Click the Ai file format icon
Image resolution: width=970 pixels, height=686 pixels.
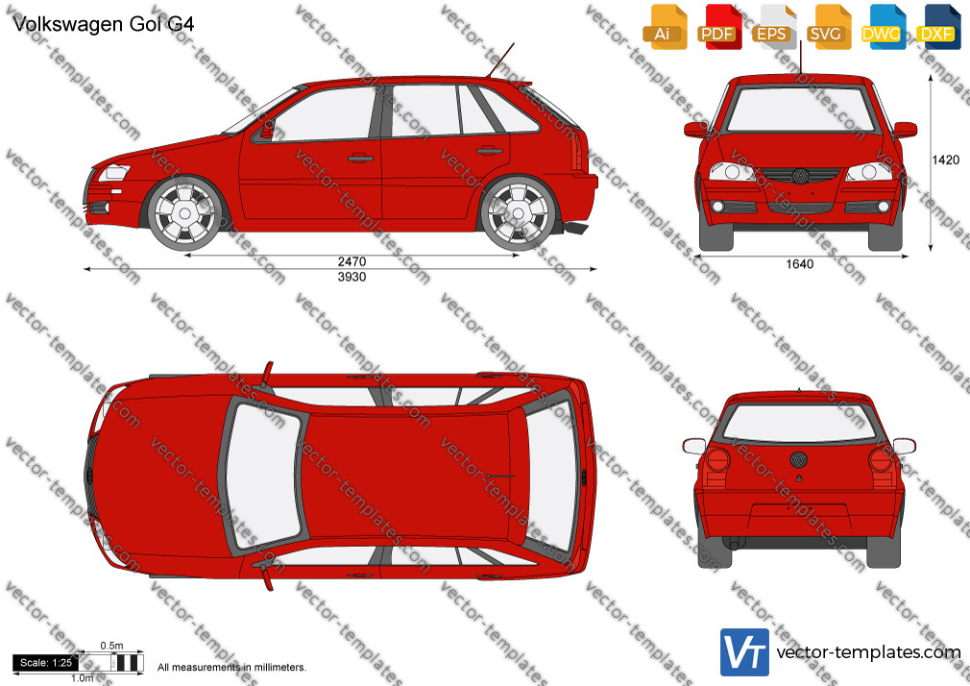[x=665, y=27]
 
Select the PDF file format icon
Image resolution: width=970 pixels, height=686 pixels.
[x=718, y=27]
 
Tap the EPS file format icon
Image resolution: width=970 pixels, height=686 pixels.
[x=773, y=27]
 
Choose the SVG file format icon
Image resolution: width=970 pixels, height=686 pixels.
[x=828, y=27]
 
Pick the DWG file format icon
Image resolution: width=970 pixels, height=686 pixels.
[x=883, y=27]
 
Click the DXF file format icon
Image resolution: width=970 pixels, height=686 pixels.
[x=938, y=27]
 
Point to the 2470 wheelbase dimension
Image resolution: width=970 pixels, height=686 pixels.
[x=352, y=261]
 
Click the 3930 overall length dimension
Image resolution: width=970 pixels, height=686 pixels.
[x=352, y=277]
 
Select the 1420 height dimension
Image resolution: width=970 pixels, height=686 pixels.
[x=945, y=160]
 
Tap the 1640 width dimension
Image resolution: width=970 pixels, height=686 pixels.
[x=799, y=264]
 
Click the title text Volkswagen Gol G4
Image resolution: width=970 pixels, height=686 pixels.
[x=104, y=24]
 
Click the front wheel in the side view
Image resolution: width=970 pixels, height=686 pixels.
[x=184, y=213]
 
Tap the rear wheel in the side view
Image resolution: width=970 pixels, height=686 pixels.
[x=518, y=213]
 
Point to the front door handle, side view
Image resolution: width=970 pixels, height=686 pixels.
[x=360, y=158]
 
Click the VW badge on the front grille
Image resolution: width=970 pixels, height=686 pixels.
[x=801, y=176]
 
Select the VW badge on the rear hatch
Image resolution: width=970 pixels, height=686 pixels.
[x=799, y=459]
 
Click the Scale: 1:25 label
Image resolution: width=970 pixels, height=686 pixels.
[x=46, y=663]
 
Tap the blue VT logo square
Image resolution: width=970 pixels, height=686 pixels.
[x=745, y=652]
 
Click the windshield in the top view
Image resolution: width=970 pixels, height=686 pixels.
[x=264, y=476]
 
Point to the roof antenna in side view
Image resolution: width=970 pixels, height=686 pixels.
[x=501, y=61]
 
